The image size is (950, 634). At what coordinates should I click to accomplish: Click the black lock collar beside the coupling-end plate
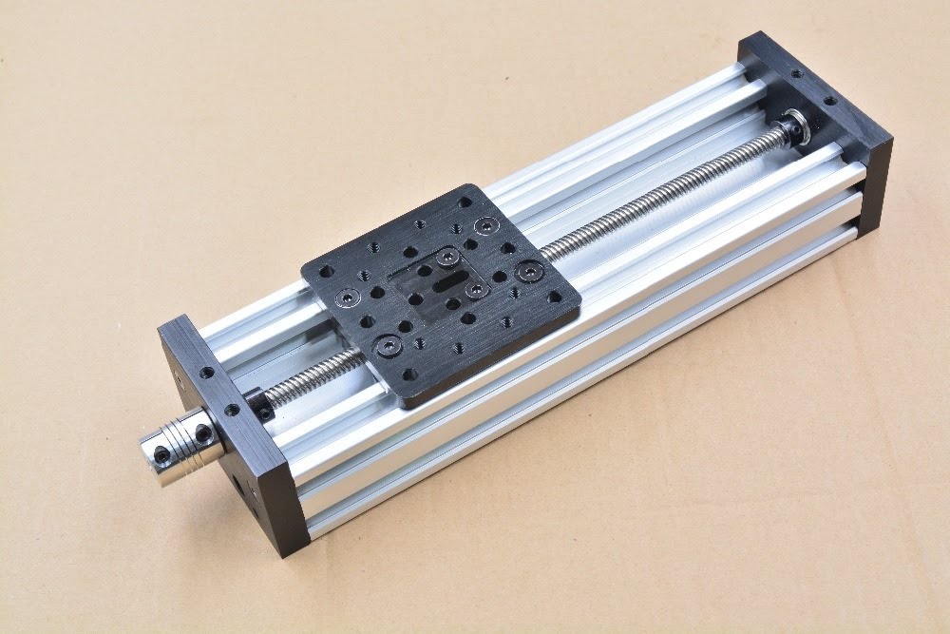[257, 403]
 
